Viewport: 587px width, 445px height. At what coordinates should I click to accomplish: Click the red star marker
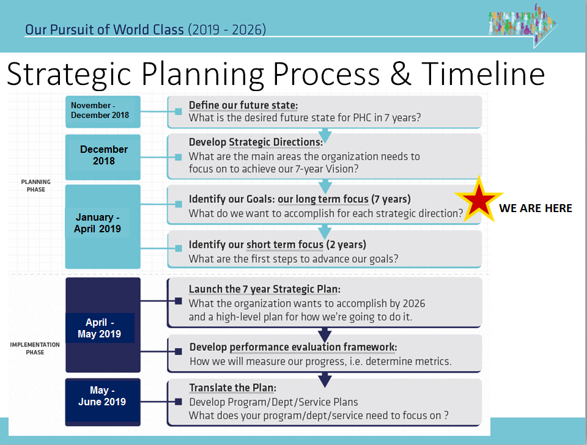point(479,200)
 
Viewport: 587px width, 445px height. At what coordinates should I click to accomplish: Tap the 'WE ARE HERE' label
point(536,208)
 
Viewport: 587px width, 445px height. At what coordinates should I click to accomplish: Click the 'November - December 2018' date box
point(103,111)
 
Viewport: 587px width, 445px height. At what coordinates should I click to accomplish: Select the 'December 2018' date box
point(103,157)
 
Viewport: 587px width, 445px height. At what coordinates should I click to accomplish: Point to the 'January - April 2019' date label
point(97,223)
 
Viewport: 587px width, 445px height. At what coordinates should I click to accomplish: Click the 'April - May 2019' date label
point(100,328)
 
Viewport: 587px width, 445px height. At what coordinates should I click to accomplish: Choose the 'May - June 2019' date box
point(103,402)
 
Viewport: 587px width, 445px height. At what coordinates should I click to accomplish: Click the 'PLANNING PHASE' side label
point(36,186)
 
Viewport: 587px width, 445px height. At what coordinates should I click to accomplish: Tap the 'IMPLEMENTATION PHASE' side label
point(35,348)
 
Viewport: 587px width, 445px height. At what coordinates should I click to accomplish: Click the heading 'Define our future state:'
point(243,105)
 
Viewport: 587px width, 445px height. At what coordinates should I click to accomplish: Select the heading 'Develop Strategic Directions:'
point(256,142)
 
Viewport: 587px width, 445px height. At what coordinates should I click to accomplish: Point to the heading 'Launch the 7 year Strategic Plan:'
point(265,289)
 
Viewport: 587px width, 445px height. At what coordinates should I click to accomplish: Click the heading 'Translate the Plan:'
point(233,388)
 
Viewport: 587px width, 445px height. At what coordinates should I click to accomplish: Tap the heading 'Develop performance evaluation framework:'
point(293,347)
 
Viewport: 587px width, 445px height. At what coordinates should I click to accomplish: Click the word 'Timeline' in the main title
point(483,74)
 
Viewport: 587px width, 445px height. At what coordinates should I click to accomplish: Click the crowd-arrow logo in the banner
point(523,26)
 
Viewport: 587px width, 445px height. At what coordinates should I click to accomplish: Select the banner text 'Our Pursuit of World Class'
point(105,29)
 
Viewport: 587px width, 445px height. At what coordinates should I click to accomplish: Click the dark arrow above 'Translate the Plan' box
point(325,380)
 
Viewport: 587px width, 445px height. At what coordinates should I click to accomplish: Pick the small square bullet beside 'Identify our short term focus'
point(179,248)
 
